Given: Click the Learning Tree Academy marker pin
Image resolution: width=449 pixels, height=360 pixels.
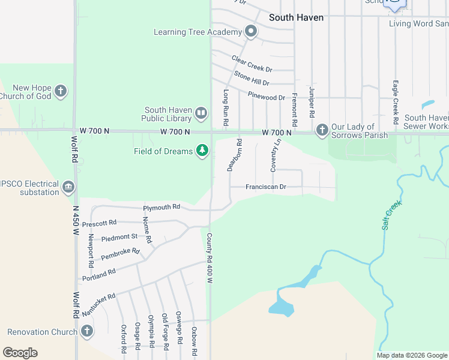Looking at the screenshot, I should click(x=251, y=32).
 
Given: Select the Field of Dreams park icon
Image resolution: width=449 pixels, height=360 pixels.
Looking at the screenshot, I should click(x=203, y=151).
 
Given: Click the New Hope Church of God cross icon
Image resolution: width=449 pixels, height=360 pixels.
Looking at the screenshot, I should click(x=60, y=92).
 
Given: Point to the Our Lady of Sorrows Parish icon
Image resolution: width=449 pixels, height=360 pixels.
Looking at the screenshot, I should click(x=322, y=130).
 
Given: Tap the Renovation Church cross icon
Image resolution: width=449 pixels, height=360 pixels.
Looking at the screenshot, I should click(x=87, y=331).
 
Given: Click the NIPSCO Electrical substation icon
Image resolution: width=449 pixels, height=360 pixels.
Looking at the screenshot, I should click(x=68, y=188).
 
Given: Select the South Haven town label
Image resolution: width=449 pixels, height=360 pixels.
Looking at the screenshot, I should click(x=296, y=17).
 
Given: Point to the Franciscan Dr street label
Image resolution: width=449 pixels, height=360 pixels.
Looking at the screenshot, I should click(x=266, y=187).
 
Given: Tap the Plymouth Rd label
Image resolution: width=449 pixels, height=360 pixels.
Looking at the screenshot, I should click(x=161, y=208).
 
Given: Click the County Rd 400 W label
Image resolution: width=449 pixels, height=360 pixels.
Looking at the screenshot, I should click(x=210, y=259).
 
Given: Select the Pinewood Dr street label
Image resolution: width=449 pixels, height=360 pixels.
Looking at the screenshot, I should click(x=265, y=97).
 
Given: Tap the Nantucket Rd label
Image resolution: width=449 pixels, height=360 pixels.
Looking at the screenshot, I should click(x=97, y=302).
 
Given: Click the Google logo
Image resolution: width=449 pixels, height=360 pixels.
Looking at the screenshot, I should click(x=20, y=353).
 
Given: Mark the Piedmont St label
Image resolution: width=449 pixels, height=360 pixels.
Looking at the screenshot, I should click(x=119, y=237).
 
